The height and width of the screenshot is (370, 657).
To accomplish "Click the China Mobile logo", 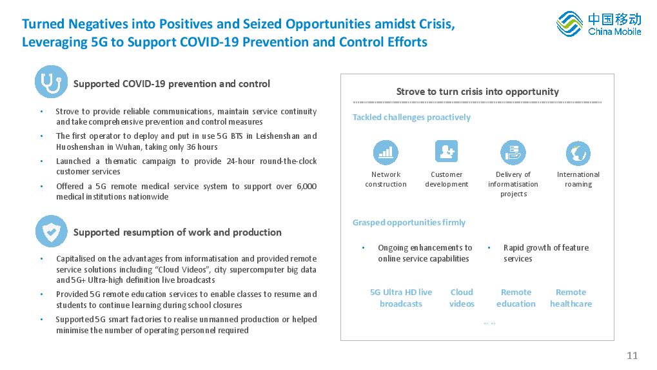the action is pyautogui.click(x=599, y=24).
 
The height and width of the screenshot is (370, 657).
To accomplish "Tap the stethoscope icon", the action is pyautogui.click(x=51, y=82).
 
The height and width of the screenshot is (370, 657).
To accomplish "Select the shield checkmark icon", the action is pyautogui.click(x=52, y=231).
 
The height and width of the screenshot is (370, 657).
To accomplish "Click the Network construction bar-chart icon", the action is pyautogui.click(x=386, y=152).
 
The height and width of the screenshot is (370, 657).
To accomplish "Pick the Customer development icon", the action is pyautogui.click(x=446, y=151).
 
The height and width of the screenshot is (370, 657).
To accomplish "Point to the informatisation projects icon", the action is pyautogui.click(x=513, y=152).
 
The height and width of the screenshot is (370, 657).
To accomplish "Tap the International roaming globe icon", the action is pyautogui.click(x=578, y=153).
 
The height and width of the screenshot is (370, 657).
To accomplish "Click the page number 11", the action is pyautogui.click(x=632, y=356).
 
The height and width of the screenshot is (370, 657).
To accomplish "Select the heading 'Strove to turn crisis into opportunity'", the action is pyautogui.click(x=478, y=92).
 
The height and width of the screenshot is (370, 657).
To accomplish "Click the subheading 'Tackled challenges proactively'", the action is pyautogui.click(x=411, y=118).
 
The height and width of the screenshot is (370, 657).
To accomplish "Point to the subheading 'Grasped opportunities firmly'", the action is pyautogui.click(x=409, y=222).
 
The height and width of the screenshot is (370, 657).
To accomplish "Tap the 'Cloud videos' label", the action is pyautogui.click(x=462, y=298).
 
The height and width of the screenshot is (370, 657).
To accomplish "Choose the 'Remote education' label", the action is pyautogui.click(x=516, y=298).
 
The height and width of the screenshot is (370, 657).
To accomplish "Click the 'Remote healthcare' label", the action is pyautogui.click(x=571, y=298).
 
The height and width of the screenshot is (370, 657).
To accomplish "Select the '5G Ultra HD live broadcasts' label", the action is pyautogui.click(x=401, y=298).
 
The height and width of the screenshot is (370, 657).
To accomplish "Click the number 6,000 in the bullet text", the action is pyautogui.click(x=307, y=186).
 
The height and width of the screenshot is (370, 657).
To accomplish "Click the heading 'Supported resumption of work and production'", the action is pyautogui.click(x=177, y=232).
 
